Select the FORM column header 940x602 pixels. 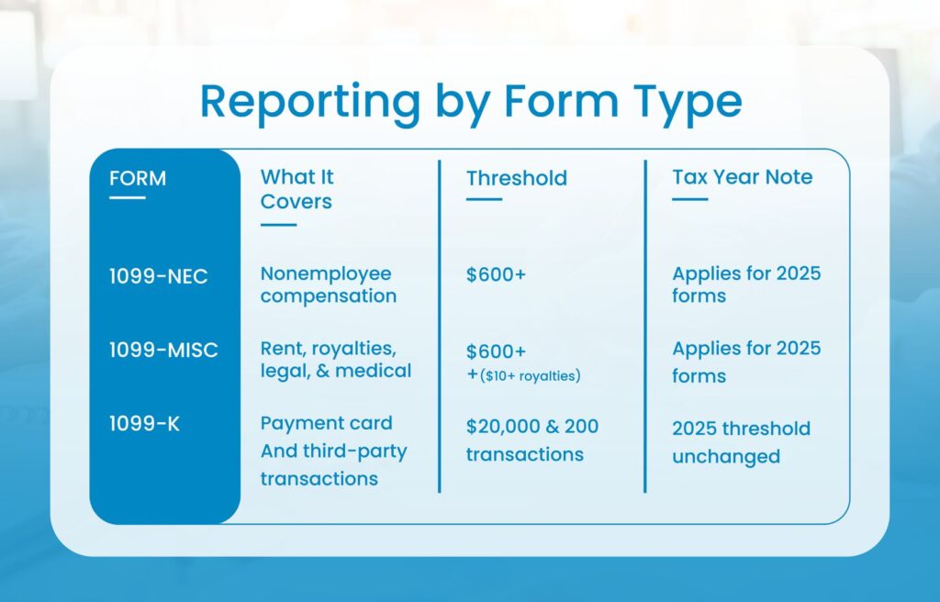[138, 178]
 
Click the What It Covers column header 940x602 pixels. [297, 188]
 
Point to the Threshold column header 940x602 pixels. [516, 178]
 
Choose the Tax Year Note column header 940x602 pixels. [742, 177]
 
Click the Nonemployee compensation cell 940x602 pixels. [328, 284]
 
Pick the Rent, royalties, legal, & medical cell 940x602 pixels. [335, 360]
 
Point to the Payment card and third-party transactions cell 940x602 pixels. [332, 451]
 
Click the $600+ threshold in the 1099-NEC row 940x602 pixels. [496, 273]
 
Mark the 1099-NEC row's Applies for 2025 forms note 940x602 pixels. [745, 284]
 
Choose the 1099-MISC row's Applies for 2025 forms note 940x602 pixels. [745, 362]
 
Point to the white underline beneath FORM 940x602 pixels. [127, 197]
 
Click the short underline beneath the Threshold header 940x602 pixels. [484, 198]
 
